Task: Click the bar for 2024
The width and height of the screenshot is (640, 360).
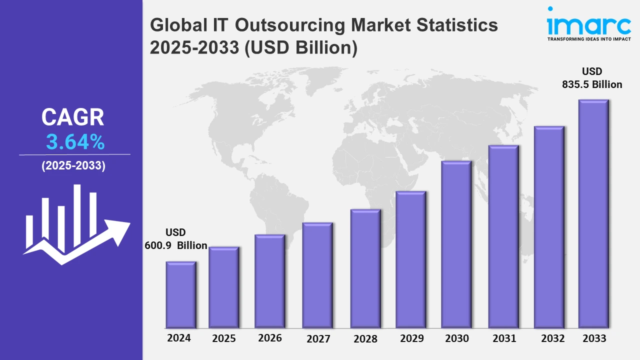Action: click(181, 294)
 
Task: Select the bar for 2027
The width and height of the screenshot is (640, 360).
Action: click(317, 275)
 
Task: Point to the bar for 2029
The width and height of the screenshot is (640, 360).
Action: click(410, 259)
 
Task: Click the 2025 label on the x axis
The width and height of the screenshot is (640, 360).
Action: click(224, 338)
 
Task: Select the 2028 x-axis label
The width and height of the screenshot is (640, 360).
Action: click(365, 339)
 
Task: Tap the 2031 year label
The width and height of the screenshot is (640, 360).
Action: click(504, 338)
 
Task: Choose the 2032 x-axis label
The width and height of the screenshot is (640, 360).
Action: click(553, 338)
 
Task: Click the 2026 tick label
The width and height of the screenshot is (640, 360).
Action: click(270, 338)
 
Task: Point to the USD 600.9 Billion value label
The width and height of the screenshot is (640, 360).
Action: click(175, 239)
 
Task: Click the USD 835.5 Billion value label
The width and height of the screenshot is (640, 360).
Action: click(592, 78)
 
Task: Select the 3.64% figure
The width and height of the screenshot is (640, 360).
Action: click(75, 142)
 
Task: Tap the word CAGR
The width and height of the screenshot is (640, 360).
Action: click(73, 117)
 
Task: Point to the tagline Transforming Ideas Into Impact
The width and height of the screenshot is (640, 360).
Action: click(589, 38)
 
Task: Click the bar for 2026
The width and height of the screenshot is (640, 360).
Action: click(270, 281)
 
